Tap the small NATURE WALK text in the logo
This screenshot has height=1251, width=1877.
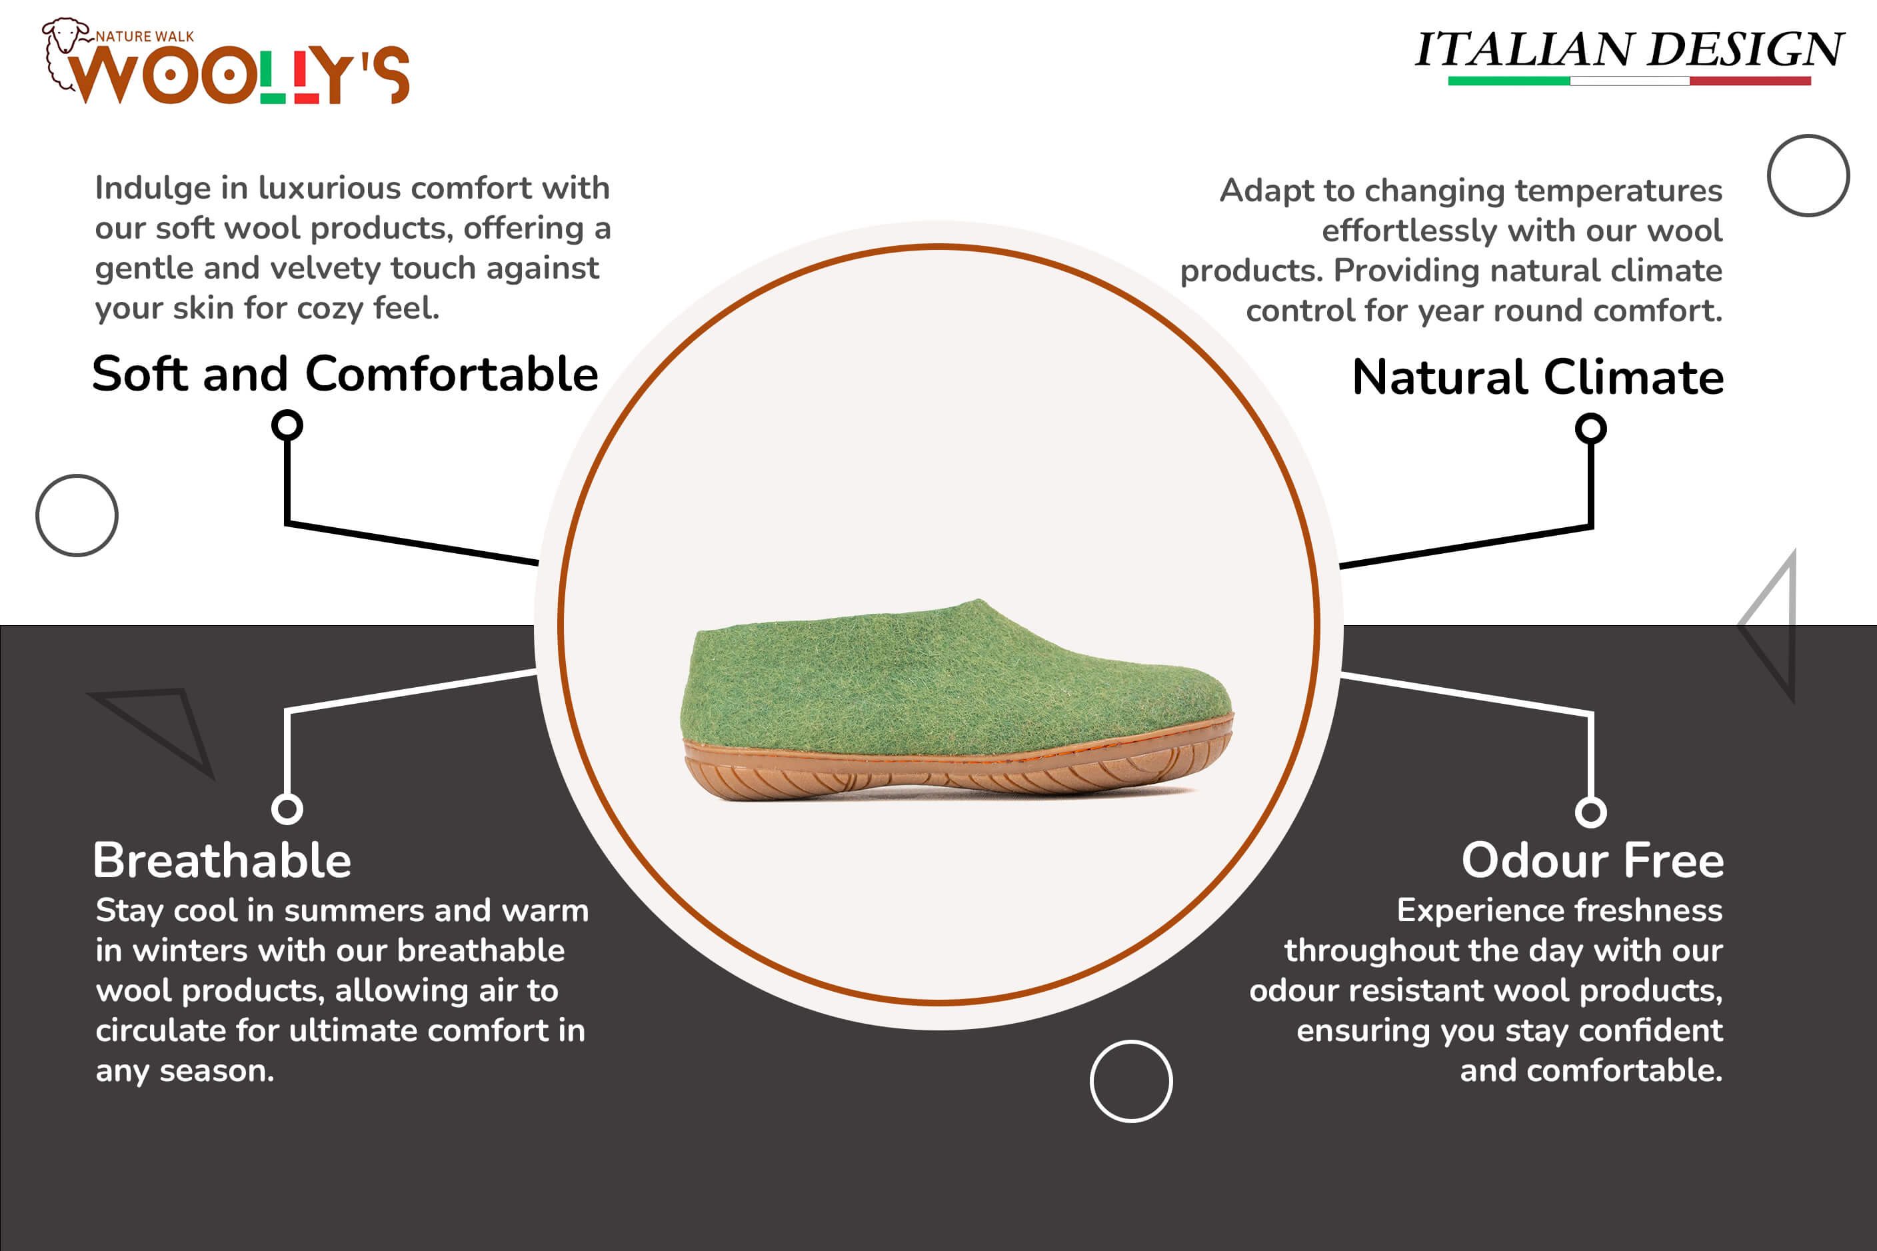(145, 37)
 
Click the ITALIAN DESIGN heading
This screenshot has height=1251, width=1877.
(1629, 49)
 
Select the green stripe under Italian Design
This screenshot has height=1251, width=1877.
(1508, 81)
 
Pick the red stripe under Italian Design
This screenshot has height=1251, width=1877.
(1750, 81)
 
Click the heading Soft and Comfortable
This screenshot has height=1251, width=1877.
(345, 374)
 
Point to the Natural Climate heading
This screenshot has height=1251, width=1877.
(1538, 377)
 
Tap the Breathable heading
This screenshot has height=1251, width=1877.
(222, 860)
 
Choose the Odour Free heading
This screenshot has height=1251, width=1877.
(1592, 860)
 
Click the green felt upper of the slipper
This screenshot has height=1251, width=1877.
(949, 682)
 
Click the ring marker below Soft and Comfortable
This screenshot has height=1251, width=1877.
(287, 425)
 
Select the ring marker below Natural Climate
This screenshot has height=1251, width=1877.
(1590, 429)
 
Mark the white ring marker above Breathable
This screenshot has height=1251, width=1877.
(287, 809)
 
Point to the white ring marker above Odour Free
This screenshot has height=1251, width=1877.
(1590, 812)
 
